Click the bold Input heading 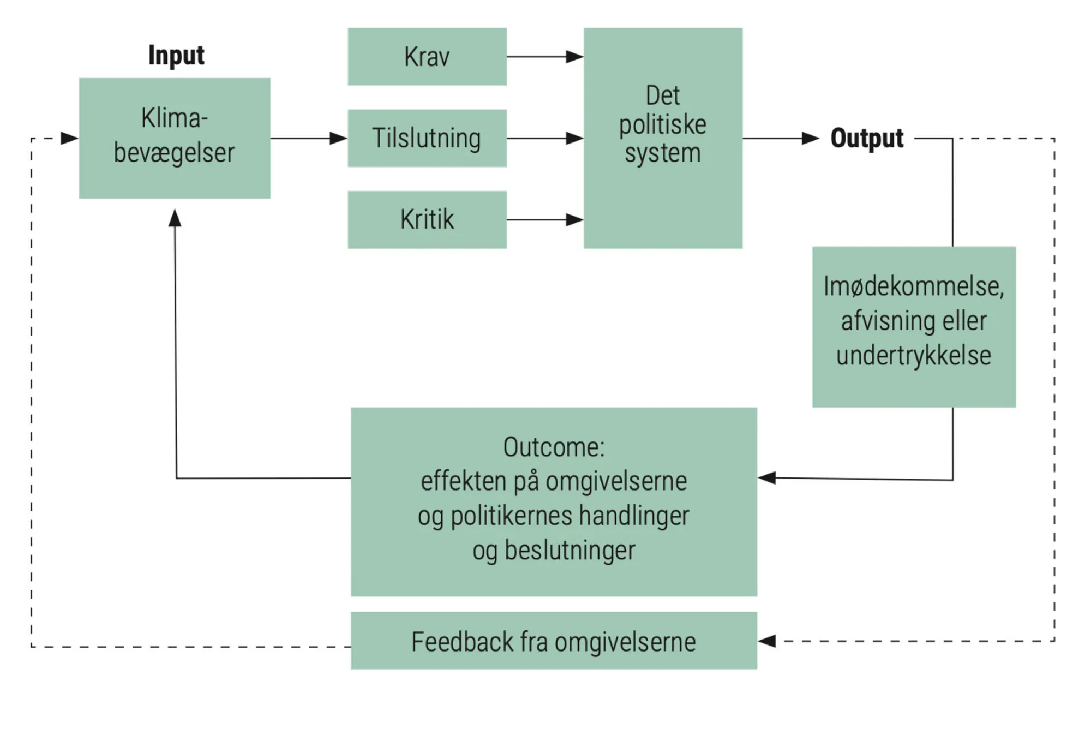point(176,55)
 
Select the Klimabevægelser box point(175,138)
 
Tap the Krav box point(427,57)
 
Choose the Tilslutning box point(427,138)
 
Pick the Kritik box point(427,219)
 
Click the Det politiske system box point(663,138)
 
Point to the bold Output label point(867,138)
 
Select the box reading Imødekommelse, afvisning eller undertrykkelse point(914,326)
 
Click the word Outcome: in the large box point(554,447)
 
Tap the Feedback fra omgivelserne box point(554,641)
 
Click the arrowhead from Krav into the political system point(574,57)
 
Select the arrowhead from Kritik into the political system point(574,220)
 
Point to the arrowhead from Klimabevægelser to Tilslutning point(338,139)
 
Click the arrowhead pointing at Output point(810,139)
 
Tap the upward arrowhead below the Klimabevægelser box point(175,218)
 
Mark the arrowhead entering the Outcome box point(767,478)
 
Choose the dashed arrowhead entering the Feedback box point(767,641)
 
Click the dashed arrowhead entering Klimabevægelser point(69,138)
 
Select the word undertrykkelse point(914,356)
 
